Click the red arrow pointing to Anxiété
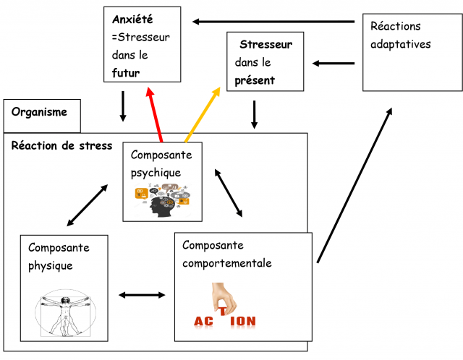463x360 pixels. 156,114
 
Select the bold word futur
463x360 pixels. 126,73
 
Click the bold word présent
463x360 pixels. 255,80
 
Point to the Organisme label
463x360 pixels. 39,112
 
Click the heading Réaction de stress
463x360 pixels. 61,145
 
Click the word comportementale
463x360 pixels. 226,263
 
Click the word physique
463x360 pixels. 51,265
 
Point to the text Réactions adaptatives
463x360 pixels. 400,35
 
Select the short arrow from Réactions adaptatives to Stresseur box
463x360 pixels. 334,63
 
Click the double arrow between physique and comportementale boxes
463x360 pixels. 143,294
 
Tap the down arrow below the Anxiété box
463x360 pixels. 123,106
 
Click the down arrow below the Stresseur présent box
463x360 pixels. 254,114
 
